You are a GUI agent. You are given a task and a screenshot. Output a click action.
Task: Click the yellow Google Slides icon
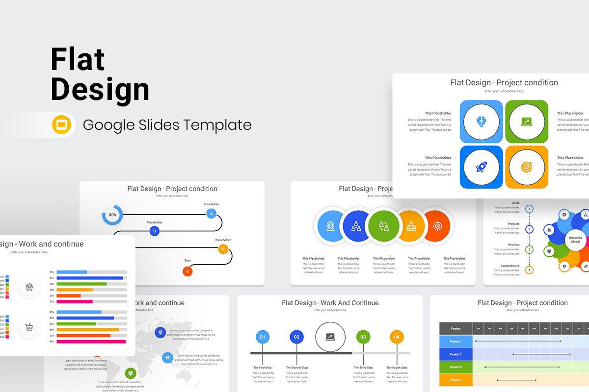pyautogui.click(x=62, y=124)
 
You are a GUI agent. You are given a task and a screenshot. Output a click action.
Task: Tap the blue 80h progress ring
pyautogui.click(x=112, y=215)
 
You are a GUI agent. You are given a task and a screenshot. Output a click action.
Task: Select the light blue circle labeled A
pyautogui.click(x=211, y=214)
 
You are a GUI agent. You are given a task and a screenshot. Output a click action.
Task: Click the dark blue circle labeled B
pyautogui.click(x=155, y=231)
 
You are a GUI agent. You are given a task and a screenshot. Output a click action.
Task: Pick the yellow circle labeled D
pyautogui.click(x=223, y=249)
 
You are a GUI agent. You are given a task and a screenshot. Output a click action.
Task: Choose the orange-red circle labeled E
pyautogui.click(x=187, y=271)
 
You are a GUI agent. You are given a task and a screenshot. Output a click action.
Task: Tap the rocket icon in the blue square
pyautogui.click(x=481, y=167)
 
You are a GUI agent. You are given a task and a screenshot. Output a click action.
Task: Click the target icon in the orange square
pyautogui.click(x=526, y=167)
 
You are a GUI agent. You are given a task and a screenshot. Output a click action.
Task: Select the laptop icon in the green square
pyautogui.click(x=526, y=122)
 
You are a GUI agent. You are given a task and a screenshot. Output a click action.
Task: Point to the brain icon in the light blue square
pyautogui.click(x=481, y=122)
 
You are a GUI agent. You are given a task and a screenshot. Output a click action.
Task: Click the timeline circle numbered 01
pyautogui.click(x=263, y=337)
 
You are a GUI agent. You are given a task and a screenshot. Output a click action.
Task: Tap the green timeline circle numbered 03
pyautogui.click(x=363, y=337)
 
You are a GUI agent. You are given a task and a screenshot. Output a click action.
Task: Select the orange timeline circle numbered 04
pyautogui.click(x=397, y=337)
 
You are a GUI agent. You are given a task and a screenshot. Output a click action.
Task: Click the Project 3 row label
pyautogui.click(x=455, y=367)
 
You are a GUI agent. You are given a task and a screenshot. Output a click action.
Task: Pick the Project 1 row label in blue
pyautogui.click(x=455, y=342)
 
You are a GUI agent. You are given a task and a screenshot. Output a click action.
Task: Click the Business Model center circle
pyautogui.click(x=575, y=240)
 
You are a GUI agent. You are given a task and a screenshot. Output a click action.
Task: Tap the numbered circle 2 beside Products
pyautogui.click(x=529, y=229)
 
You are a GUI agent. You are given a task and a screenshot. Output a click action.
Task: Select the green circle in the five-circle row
pyautogui.click(x=384, y=226)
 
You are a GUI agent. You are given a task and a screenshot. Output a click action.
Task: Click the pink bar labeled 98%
pyautogui.click(x=91, y=342)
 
